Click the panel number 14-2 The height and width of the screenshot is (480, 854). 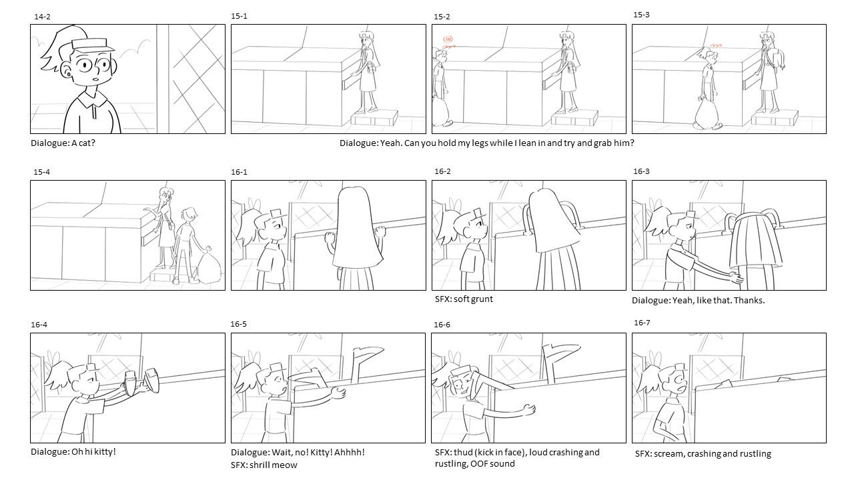[42, 17]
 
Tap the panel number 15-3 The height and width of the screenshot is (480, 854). [641, 15]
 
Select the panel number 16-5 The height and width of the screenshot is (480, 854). [238, 324]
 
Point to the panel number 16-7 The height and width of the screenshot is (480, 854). [642, 323]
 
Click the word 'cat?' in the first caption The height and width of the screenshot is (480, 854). [87, 143]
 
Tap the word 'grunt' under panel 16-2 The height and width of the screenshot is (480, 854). [482, 299]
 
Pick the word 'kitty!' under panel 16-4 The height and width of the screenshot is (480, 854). [105, 452]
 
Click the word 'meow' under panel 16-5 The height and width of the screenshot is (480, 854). [286, 465]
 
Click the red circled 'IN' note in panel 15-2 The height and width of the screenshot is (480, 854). [448, 39]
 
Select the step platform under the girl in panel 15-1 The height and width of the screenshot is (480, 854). [374, 118]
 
